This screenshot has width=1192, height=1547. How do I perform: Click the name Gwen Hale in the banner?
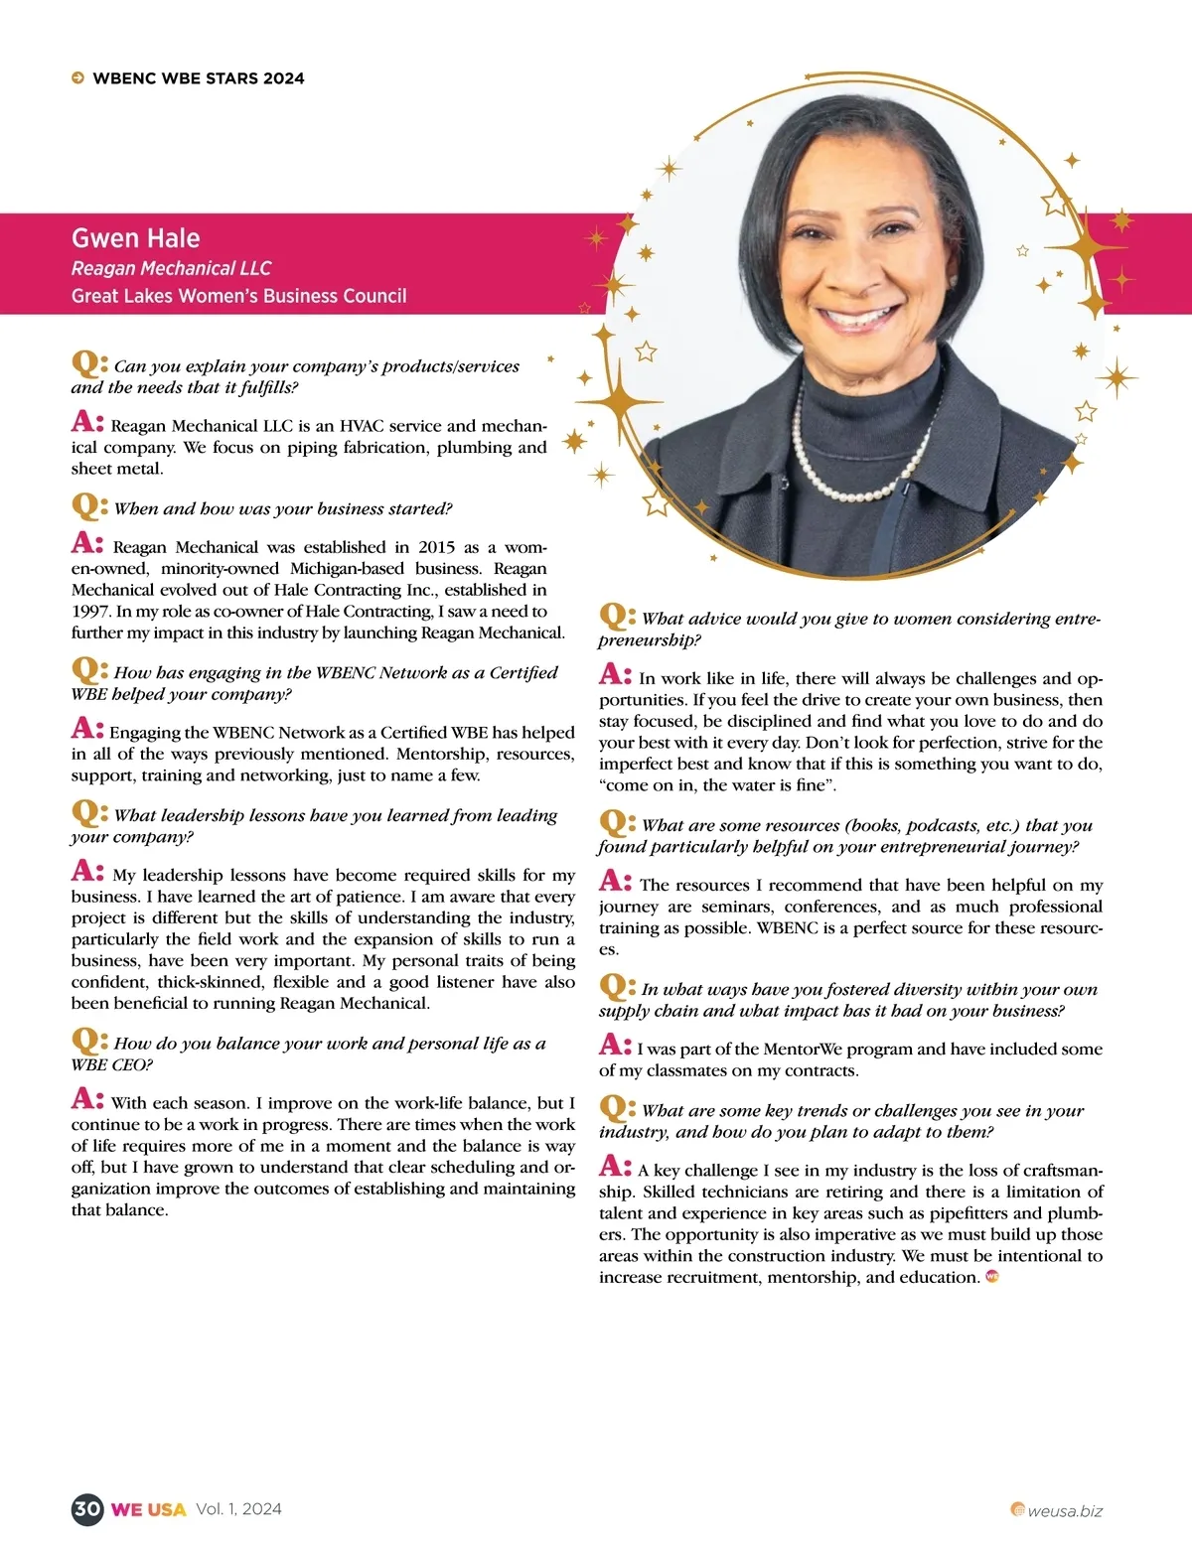[x=135, y=238]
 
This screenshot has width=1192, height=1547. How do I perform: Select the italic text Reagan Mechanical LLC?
[x=171, y=268]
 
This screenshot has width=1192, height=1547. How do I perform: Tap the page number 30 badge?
[x=86, y=1509]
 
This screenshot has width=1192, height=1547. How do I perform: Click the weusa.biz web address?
[x=1064, y=1511]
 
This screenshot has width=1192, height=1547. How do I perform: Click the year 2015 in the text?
[x=436, y=547]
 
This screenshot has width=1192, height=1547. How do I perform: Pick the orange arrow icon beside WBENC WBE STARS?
[x=77, y=78]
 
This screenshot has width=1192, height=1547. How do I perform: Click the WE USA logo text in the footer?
[x=148, y=1509]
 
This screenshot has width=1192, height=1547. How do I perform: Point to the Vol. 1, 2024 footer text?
[x=238, y=1509]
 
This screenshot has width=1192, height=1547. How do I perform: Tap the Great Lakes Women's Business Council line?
[x=238, y=296]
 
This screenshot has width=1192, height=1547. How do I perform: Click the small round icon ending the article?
[x=991, y=1277]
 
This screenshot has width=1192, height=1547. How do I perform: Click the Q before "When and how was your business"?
[x=85, y=505]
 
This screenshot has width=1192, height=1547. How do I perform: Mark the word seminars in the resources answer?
[x=737, y=907]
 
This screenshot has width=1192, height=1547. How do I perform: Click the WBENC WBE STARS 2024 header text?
[x=199, y=78]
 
